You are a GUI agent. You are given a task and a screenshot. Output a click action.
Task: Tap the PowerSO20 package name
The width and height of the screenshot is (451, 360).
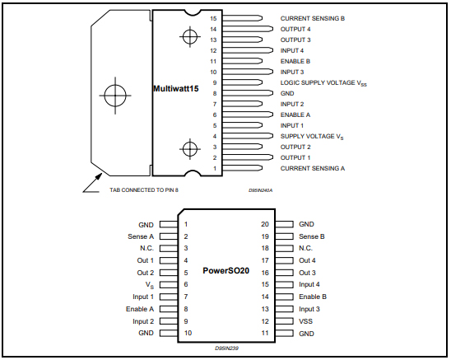[226, 270]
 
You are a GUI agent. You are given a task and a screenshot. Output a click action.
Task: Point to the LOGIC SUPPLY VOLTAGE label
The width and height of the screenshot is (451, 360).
[323, 82]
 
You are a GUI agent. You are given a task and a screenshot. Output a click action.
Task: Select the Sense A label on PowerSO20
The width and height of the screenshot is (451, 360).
[141, 236]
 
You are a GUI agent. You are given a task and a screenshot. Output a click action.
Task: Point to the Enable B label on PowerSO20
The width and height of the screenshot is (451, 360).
[313, 296]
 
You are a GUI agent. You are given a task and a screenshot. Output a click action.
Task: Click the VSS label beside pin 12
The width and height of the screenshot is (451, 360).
[306, 321]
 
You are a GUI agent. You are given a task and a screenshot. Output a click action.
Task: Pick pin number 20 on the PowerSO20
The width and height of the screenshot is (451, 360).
[263, 223]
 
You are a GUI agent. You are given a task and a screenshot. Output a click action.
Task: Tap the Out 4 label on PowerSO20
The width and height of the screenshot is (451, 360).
[307, 259]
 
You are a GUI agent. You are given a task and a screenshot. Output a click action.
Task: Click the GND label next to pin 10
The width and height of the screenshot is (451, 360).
[146, 333]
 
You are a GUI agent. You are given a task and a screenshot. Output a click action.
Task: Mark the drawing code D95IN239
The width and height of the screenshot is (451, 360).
[227, 348]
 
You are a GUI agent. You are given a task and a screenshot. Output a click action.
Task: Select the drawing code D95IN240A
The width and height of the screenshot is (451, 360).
[261, 189]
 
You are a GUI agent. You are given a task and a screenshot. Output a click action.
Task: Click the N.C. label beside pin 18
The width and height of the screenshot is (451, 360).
[306, 247]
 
